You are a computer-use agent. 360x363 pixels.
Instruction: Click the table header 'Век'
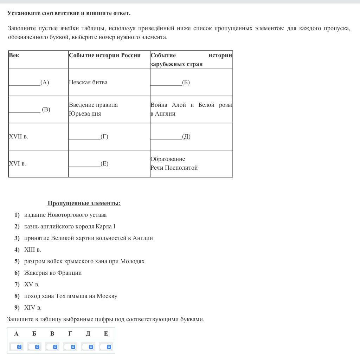(x=14, y=55)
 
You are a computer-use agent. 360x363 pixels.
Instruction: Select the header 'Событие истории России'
(x=105, y=55)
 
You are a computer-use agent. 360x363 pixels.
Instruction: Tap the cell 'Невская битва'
(x=88, y=82)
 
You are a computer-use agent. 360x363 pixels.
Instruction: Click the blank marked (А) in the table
(x=29, y=83)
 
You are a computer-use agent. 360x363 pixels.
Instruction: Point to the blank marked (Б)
(x=170, y=83)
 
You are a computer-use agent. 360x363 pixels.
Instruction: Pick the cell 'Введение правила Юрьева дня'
(x=93, y=109)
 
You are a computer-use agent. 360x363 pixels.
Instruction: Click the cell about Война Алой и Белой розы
(x=191, y=109)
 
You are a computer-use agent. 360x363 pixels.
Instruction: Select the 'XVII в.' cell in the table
(x=18, y=136)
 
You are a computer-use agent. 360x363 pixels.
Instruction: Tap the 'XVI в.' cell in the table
(x=17, y=163)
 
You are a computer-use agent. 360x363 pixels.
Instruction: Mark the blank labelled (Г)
(x=89, y=137)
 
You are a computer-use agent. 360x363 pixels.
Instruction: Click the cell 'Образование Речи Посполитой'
(x=174, y=163)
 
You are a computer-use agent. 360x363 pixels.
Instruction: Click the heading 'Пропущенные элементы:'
(x=84, y=203)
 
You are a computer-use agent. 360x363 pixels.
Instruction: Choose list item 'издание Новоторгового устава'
(x=65, y=215)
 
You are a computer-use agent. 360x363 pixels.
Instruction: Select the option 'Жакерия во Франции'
(x=53, y=273)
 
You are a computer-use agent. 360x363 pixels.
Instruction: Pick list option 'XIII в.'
(x=32, y=249)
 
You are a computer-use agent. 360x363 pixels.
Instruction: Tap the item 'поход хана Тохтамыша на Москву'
(x=71, y=296)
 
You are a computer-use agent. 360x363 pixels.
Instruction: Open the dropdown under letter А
(x=16, y=347)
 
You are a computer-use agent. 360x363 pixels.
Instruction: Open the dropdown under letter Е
(x=106, y=347)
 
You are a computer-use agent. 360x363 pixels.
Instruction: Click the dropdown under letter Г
(x=70, y=347)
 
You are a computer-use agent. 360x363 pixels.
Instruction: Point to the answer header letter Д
(x=88, y=334)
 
